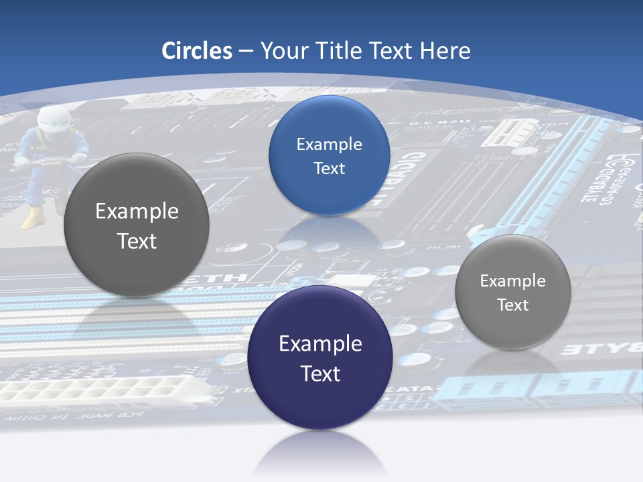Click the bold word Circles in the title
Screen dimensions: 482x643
(196, 51)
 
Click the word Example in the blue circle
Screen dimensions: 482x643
(329, 144)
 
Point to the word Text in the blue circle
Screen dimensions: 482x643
(329, 168)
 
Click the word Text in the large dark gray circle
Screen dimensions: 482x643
(137, 241)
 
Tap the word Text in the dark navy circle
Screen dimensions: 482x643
(320, 374)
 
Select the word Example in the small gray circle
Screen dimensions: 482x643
(512, 280)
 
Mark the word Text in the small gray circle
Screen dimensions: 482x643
(512, 305)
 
